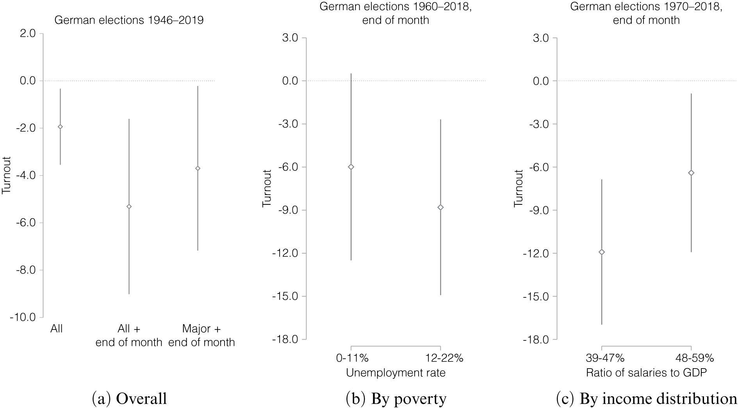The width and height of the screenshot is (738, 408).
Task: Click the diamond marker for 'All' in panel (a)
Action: click(60, 127)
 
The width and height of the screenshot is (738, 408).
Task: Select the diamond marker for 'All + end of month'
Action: click(129, 206)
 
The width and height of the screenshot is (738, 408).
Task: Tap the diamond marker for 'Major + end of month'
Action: click(198, 168)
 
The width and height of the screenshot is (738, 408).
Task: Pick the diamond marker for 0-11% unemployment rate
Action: click(351, 167)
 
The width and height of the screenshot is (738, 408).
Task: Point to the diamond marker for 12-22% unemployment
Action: click(440, 207)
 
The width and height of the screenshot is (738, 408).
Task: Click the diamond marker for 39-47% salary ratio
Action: click(602, 252)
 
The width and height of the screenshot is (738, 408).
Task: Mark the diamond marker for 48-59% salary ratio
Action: click(691, 173)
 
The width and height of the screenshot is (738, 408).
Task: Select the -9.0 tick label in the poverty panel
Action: click(288, 210)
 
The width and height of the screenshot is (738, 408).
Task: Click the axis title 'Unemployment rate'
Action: click(396, 373)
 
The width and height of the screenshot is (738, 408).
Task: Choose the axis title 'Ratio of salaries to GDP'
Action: click(646, 373)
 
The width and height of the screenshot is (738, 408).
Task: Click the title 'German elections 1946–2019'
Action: click(129, 20)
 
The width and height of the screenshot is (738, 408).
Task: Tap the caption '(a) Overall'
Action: click(129, 399)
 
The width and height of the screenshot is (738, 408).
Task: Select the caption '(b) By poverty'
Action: click(396, 399)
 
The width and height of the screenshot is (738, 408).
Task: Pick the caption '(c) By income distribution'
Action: click(646, 399)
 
